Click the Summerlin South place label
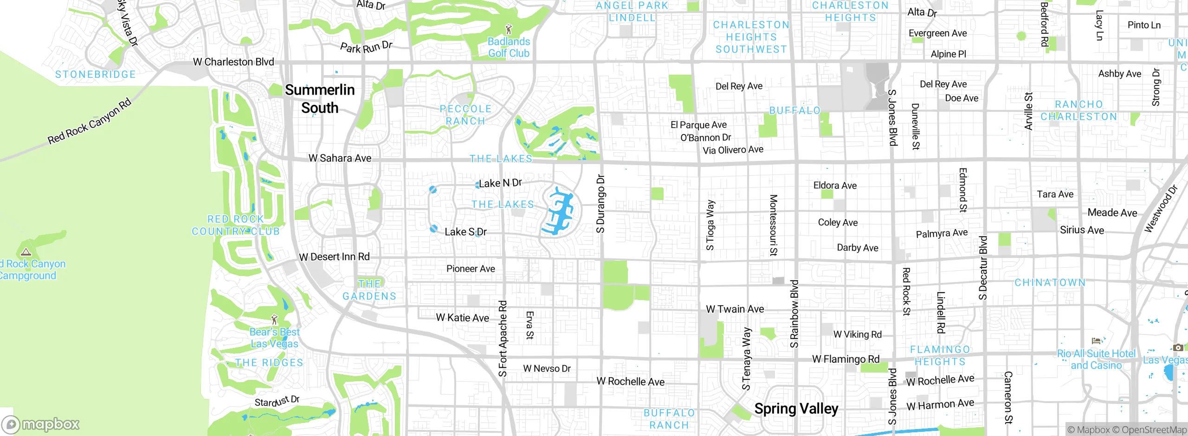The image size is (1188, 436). click(x=320, y=99)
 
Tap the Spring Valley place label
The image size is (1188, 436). click(x=796, y=409)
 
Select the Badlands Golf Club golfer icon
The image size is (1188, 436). click(x=509, y=29)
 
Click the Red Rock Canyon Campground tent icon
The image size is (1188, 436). click(x=26, y=252)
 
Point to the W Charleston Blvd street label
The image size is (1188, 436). click(x=233, y=62)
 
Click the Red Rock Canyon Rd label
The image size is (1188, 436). click(x=90, y=122)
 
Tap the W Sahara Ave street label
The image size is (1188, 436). click(x=340, y=158)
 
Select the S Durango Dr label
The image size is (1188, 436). click(x=600, y=204)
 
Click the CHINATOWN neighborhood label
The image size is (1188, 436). click(x=1050, y=282)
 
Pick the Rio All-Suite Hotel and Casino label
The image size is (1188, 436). click(x=1096, y=359)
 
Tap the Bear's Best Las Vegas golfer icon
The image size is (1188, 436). click(x=274, y=320)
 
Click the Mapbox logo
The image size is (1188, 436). click(x=41, y=424)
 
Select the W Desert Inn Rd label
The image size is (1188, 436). click(x=334, y=256)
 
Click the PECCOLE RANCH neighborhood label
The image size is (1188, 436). click(x=465, y=115)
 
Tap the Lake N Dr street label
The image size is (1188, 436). click(x=500, y=183)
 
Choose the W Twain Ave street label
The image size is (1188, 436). click(x=735, y=309)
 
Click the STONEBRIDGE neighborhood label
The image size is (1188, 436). click(x=95, y=74)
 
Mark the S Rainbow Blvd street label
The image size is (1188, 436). click(x=794, y=314)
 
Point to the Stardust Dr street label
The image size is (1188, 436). click(x=277, y=401)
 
